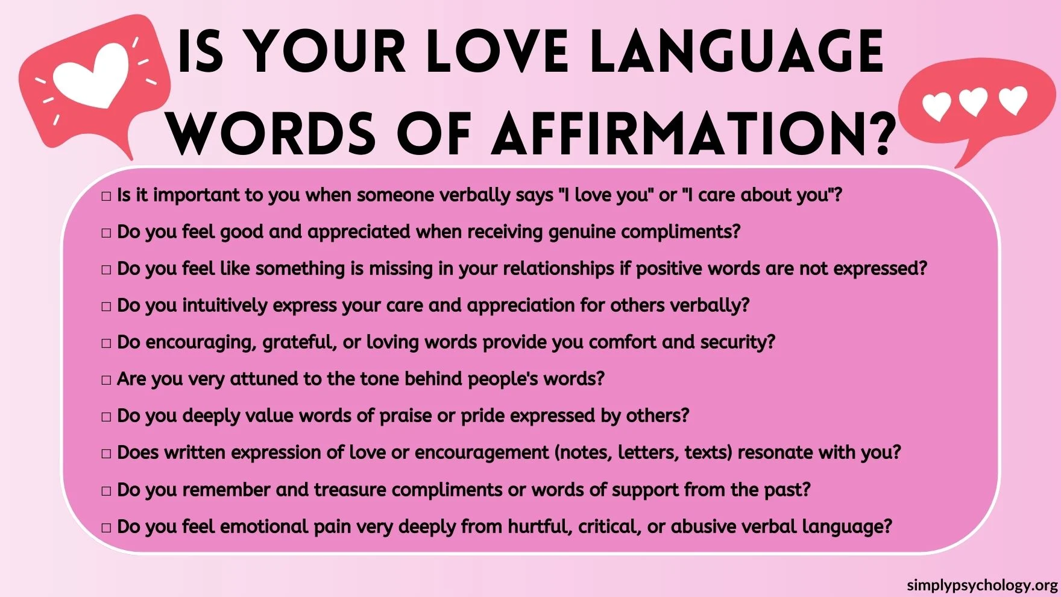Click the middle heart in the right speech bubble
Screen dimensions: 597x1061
coord(974,101)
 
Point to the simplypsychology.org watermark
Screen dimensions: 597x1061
coord(982,584)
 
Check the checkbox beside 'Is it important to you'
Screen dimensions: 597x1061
coord(106,196)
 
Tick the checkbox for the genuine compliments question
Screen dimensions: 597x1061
coord(106,233)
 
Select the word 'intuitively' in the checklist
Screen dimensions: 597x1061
coord(224,305)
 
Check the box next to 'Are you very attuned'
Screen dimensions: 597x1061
coord(106,380)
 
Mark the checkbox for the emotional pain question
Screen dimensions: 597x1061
coord(106,528)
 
